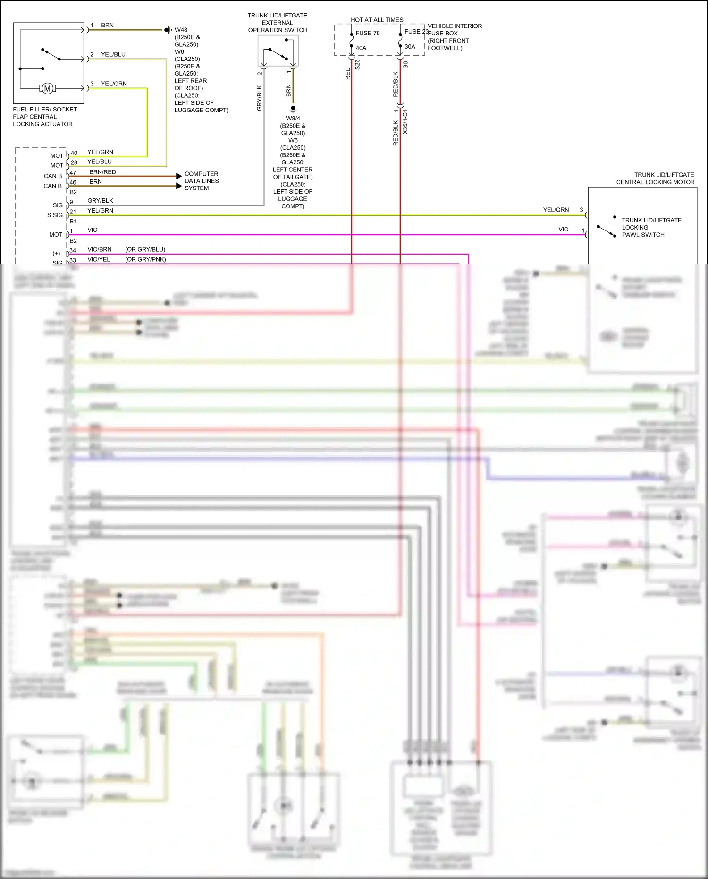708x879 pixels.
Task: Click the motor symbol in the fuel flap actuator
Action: (x=47, y=88)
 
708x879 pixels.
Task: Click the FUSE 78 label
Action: (x=367, y=33)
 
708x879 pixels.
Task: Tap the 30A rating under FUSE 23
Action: (x=410, y=47)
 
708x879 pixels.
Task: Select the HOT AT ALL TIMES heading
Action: (x=377, y=20)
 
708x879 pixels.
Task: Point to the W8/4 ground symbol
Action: (x=293, y=109)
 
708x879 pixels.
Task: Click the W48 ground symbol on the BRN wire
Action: (x=168, y=30)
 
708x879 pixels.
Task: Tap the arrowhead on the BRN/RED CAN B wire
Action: (x=179, y=176)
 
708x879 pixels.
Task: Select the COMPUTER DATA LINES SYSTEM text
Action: (x=202, y=181)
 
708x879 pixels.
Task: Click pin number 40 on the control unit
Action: (x=74, y=153)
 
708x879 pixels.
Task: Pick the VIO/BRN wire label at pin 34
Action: (x=100, y=249)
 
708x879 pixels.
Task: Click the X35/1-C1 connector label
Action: (x=405, y=122)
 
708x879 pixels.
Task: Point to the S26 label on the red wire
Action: (x=357, y=65)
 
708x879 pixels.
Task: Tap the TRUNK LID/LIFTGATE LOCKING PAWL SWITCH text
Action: (x=651, y=227)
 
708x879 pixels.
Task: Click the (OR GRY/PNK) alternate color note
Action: (x=145, y=259)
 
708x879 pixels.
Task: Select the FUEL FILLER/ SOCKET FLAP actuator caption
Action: (x=44, y=117)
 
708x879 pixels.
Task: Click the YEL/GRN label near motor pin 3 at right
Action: (x=556, y=210)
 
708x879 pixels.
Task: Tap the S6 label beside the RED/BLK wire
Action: (x=405, y=65)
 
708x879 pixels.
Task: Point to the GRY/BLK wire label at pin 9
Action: (x=100, y=201)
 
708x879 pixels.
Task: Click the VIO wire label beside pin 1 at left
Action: (x=93, y=230)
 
